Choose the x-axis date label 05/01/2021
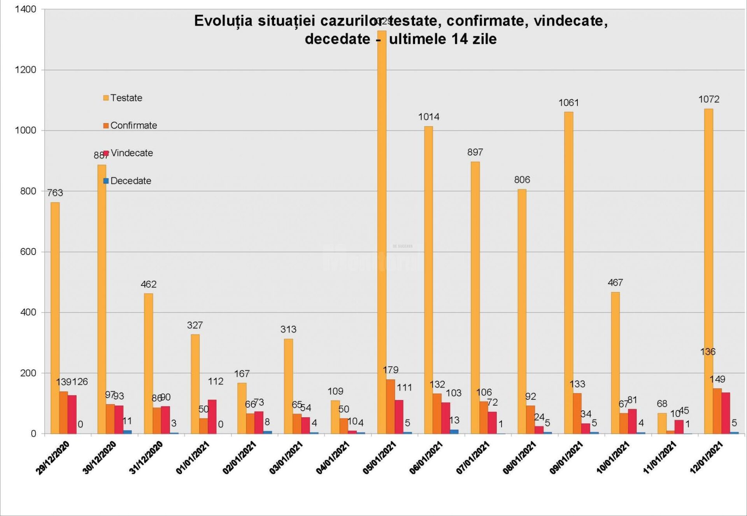point(379,458)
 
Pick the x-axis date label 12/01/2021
point(706,458)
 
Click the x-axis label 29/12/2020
point(53,458)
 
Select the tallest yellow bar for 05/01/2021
point(382,233)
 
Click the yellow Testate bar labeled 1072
point(708,272)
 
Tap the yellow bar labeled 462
point(148,363)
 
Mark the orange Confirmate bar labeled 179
point(390,406)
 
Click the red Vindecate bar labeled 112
point(212,417)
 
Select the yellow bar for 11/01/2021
point(662,423)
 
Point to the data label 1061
point(568,103)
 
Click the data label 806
point(522,180)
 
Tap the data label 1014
point(428,117)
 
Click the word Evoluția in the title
point(223,21)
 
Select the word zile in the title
point(484,39)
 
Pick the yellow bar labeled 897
point(475,297)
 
